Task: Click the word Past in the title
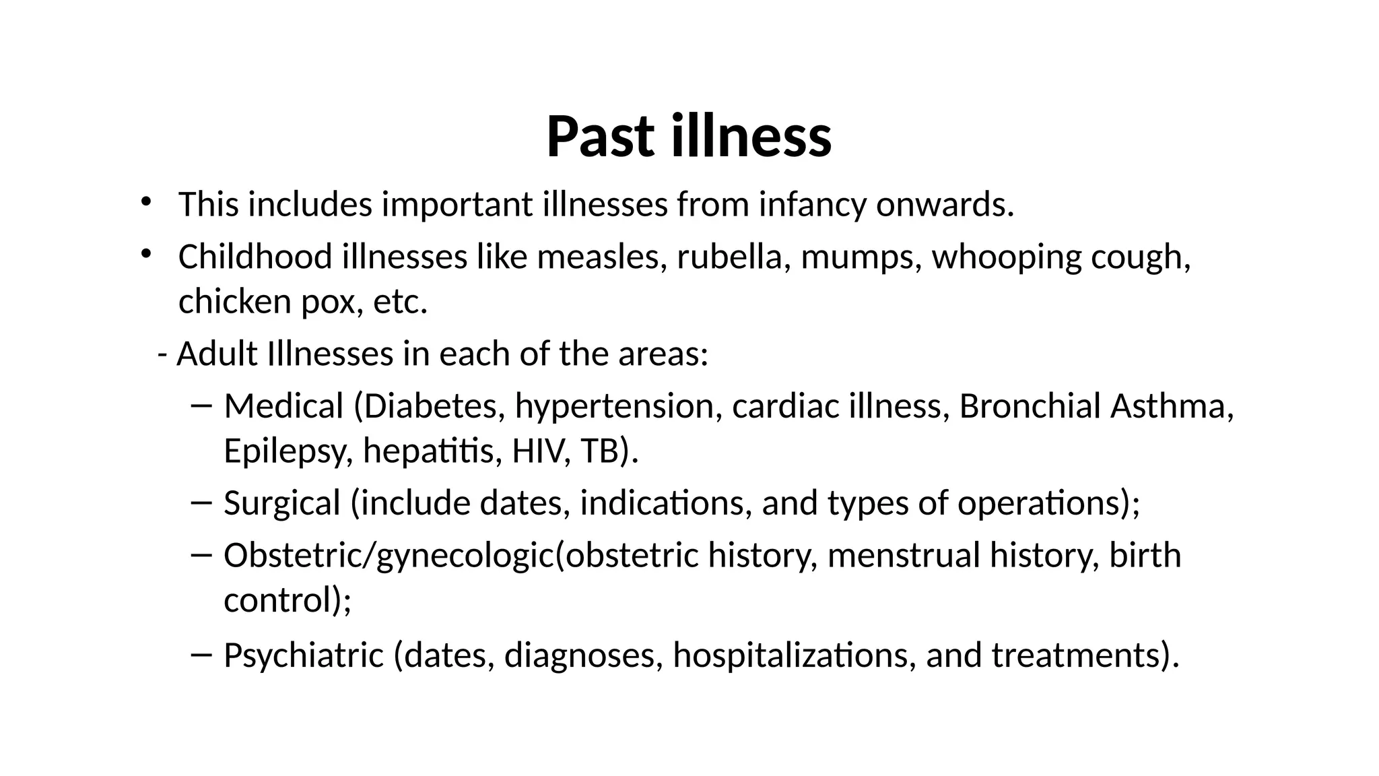click(x=599, y=137)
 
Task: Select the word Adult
click(x=217, y=354)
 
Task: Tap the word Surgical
click(x=281, y=504)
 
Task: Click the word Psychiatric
click(x=304, y=655)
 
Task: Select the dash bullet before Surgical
click(x=201, y=503)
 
